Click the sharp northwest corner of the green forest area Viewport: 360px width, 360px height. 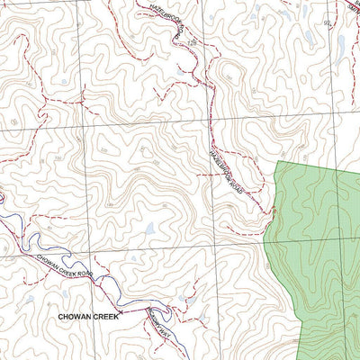pos(277,162)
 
